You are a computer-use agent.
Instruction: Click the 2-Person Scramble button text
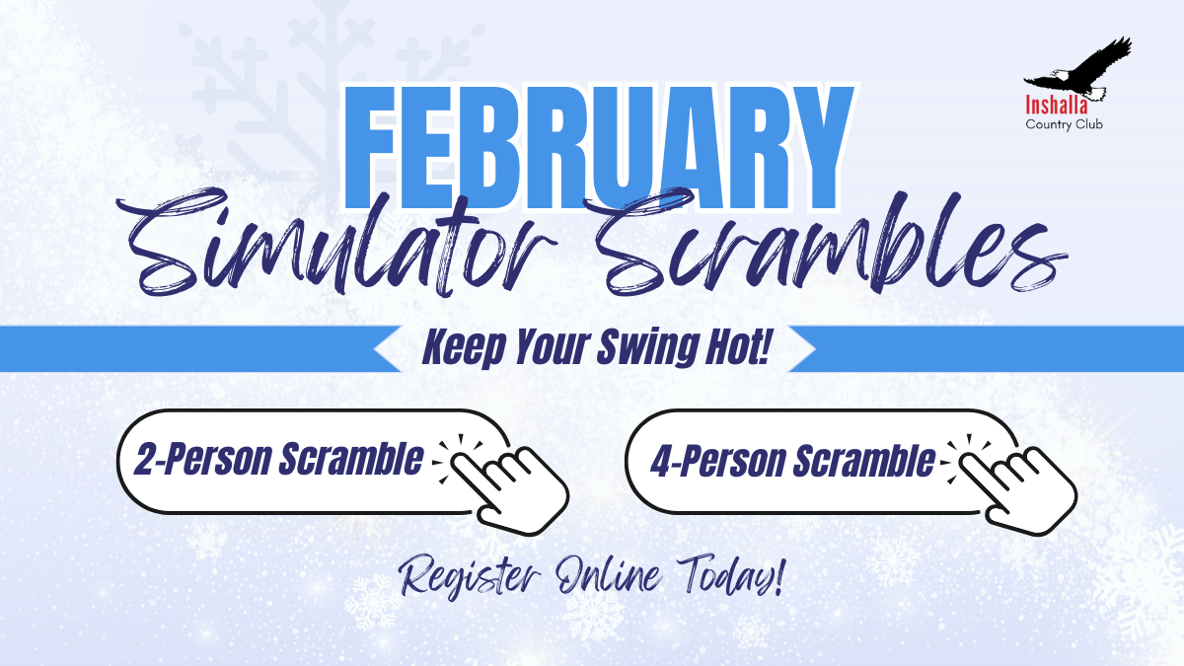tap(278, 461)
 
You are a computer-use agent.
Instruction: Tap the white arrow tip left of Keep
tap(387, 349)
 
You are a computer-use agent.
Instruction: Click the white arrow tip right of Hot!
tap(801, 349)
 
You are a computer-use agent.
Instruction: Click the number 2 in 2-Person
tap(147, 461)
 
